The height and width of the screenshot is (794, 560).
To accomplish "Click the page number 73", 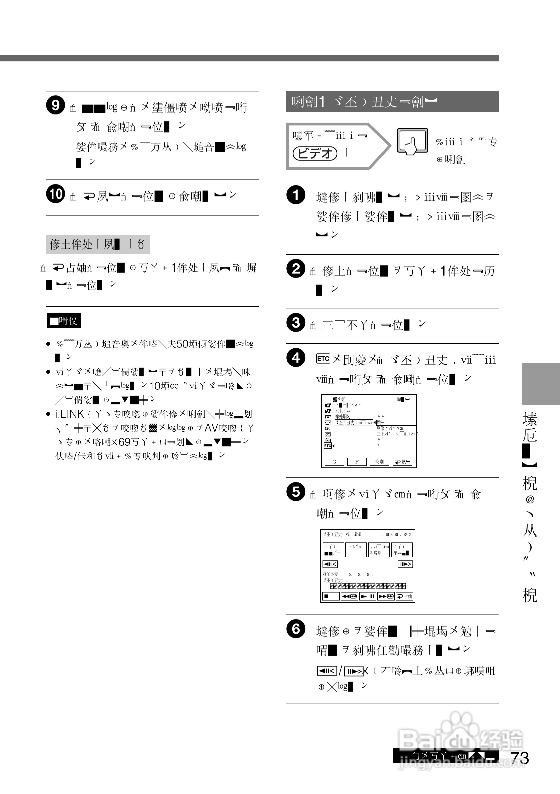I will click(x=520, y=758).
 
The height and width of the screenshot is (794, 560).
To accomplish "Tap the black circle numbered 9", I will click(x=55, y=105).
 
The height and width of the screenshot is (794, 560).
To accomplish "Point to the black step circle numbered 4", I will click(x=296, y=358).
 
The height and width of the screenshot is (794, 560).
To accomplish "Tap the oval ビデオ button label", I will click(x=314, y=153).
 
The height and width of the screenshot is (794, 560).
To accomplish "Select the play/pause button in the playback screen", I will click(x=368, y=596).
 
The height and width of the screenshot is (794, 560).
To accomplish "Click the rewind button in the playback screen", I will click(x=349, y=596).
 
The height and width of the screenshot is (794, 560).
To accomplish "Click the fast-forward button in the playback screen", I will click(x=386, y=596).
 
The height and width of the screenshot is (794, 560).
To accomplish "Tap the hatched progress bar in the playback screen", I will click(x=368, y=586).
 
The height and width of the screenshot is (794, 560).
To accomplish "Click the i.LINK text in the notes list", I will click(x=69, y=414).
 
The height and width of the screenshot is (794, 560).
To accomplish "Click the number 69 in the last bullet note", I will click(x=124, y=442).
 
